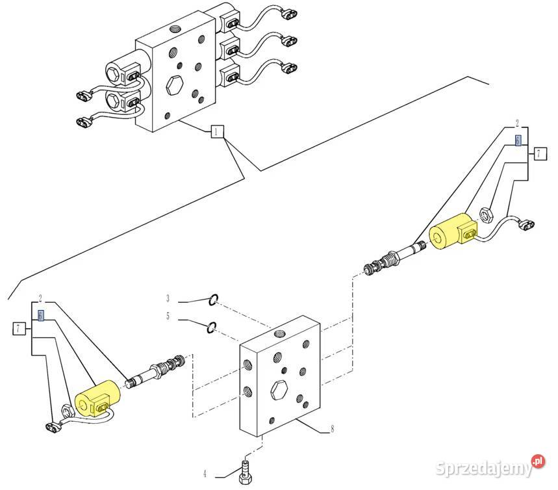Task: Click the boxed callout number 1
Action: click(x=216, y=133)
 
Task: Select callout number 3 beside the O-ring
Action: click(x=168, y=299)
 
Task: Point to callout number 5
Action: click(x=168, y=317)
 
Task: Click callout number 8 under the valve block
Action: click(x=333, y=429)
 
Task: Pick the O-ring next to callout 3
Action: click(x=213, y=300)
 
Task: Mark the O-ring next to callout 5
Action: click(x=212, y=327)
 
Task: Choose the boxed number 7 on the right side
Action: click(x=539, y=154)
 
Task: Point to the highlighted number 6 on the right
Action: click(x=518, y=140)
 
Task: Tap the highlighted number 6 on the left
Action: click(x=41, y=315)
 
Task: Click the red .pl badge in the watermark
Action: click(x=537, y=462)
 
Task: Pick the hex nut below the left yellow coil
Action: click(x=65, y=410)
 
